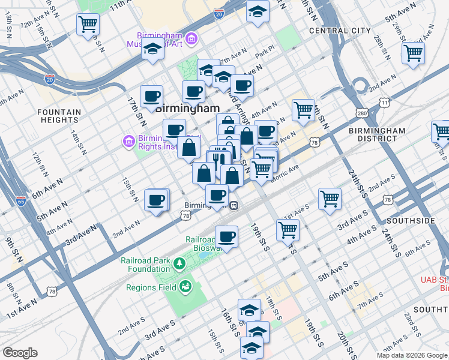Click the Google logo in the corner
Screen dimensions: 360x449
pyautogui.click(x=20, y=353)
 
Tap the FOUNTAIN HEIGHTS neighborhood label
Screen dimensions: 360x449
pyautogui.click(x=59, y=116)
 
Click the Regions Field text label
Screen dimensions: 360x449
pyautogui.click(x=151, y=287)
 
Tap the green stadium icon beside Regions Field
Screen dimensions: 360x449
pyautogui.click(x=185, y=286)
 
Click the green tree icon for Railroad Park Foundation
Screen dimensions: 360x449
pyautogui.click(x=179, y=263)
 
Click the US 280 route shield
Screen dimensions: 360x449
pyautogui.click(x=361, y=113)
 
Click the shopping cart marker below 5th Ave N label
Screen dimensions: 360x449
pyautogui.click(x=413, y=53)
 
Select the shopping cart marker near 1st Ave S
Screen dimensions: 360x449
pyautogui.click(x=330, y=199)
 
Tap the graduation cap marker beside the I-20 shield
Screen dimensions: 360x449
pyautogui.click(x=257, y=11)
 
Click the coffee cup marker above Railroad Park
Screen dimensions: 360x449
pyautogui.click(x=226, y=236)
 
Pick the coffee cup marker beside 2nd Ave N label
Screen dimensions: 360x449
pyautogui.click(x=156, y=200)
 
